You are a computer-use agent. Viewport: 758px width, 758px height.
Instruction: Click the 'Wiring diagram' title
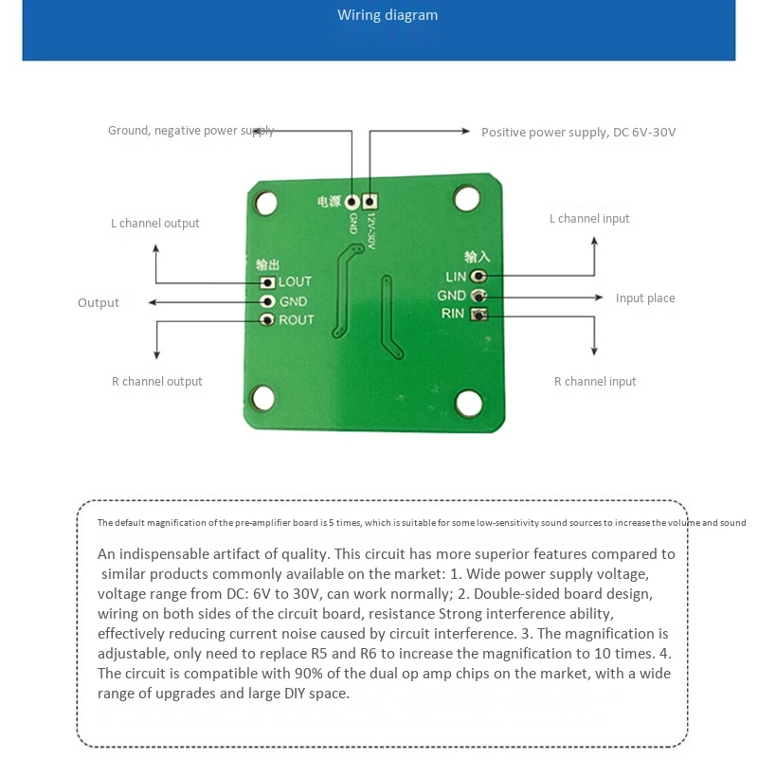tap(388, 15)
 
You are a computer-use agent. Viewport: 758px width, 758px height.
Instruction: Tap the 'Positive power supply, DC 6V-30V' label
tap(578, 133)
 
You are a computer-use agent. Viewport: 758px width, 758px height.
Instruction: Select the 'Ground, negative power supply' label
tap(190, 131)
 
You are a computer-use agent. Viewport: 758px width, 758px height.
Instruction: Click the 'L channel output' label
tap(154, 224)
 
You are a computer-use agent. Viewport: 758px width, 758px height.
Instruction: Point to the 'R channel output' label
tap(156, 382)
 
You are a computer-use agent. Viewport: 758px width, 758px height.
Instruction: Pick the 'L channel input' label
tap(589, 219)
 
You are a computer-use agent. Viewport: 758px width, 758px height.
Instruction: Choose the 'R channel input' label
tap(595, 382)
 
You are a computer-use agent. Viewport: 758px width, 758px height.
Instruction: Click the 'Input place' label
tap(645, 298)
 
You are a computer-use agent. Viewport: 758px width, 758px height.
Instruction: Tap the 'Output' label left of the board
tap(99, 303)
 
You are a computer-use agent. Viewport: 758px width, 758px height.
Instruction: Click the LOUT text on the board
tap(295, 282)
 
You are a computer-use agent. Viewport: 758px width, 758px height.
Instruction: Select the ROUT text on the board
tap(296, 320)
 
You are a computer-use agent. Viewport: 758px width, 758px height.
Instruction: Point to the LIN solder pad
tap(478, 276)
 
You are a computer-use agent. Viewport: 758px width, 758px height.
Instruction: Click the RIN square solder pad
tap(479, 315)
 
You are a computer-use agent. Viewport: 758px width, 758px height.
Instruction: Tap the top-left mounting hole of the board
tap(267, 202)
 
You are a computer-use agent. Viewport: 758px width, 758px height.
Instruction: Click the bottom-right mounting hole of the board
tap(468, 404)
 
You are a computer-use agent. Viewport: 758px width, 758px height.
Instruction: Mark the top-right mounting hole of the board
tap(466, 198)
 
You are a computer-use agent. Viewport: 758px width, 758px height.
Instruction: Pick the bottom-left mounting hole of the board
tap(264, 398)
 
